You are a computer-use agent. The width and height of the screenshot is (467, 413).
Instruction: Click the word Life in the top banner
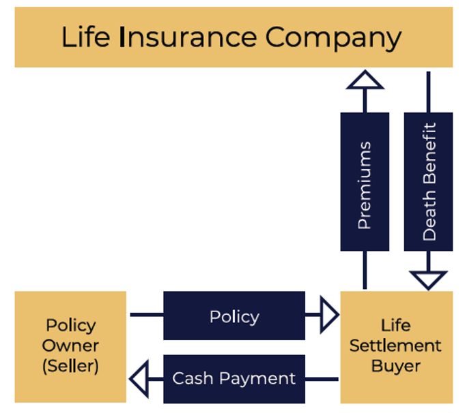(x=85, y=37)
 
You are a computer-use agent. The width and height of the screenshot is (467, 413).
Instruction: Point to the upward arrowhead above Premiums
(x=365, y=80)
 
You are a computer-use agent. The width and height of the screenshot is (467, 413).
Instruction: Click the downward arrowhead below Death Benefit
(x=428, y=280)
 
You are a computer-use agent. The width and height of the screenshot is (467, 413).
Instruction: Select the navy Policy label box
(x=234, y=316)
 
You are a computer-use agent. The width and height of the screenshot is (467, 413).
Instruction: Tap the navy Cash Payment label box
(x=234, y=378)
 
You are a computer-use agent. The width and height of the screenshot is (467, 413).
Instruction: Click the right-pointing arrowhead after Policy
(x=329, y=316)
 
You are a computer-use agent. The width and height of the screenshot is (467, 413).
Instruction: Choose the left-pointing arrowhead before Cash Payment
(x=139, y=378)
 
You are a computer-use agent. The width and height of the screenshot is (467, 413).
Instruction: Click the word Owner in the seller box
(x=71, y=346)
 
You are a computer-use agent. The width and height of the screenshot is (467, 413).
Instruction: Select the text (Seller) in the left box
(x=71, y=365)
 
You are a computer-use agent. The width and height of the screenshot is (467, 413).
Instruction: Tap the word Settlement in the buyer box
(x=395, y=346)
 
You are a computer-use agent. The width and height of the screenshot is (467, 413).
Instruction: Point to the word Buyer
(x=395, y=365)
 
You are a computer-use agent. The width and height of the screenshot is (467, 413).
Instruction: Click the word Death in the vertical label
(x=429, y=216)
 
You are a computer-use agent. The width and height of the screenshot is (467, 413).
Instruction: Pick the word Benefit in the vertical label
(x=429, y=157)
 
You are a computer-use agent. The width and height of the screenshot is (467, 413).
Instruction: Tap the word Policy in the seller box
(x=71, y=325)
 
